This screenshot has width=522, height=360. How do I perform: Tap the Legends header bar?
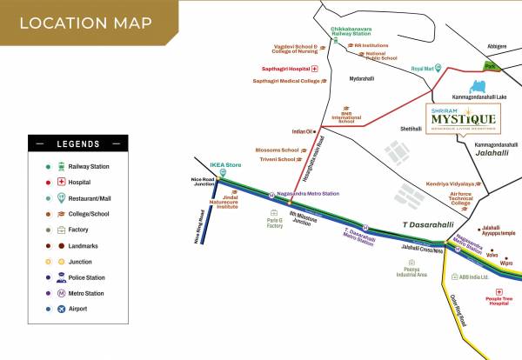pos(78,143)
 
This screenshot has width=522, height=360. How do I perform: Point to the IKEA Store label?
pos(229,163)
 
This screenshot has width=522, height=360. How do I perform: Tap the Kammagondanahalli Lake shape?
pos(476,87)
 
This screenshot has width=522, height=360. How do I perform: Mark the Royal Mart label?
pos(422,68)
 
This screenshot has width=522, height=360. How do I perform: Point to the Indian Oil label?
pos(302,131)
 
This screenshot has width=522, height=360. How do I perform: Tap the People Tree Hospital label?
pos(499,302)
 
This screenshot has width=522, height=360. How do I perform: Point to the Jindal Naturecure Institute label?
pos(227,203)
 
